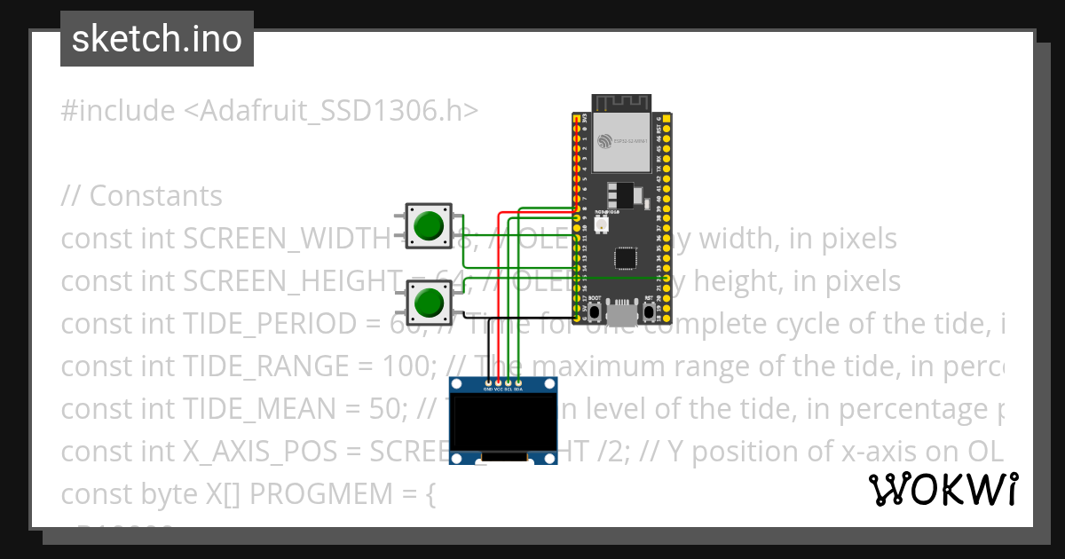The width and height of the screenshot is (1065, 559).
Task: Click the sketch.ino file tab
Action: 157,39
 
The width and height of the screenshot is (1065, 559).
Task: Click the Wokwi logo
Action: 943,490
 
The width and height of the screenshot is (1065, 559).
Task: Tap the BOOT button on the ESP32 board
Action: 595,312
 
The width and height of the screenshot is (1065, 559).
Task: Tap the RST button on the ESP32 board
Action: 649,312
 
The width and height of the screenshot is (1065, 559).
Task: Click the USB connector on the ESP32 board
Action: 622,313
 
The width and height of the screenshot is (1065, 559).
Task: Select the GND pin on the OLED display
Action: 487,382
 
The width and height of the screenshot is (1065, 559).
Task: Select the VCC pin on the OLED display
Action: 498,382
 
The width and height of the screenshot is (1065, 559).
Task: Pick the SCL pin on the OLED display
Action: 508,382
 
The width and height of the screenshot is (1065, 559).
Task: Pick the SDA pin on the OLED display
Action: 518,382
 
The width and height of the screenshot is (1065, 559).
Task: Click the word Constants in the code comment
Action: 156,196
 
